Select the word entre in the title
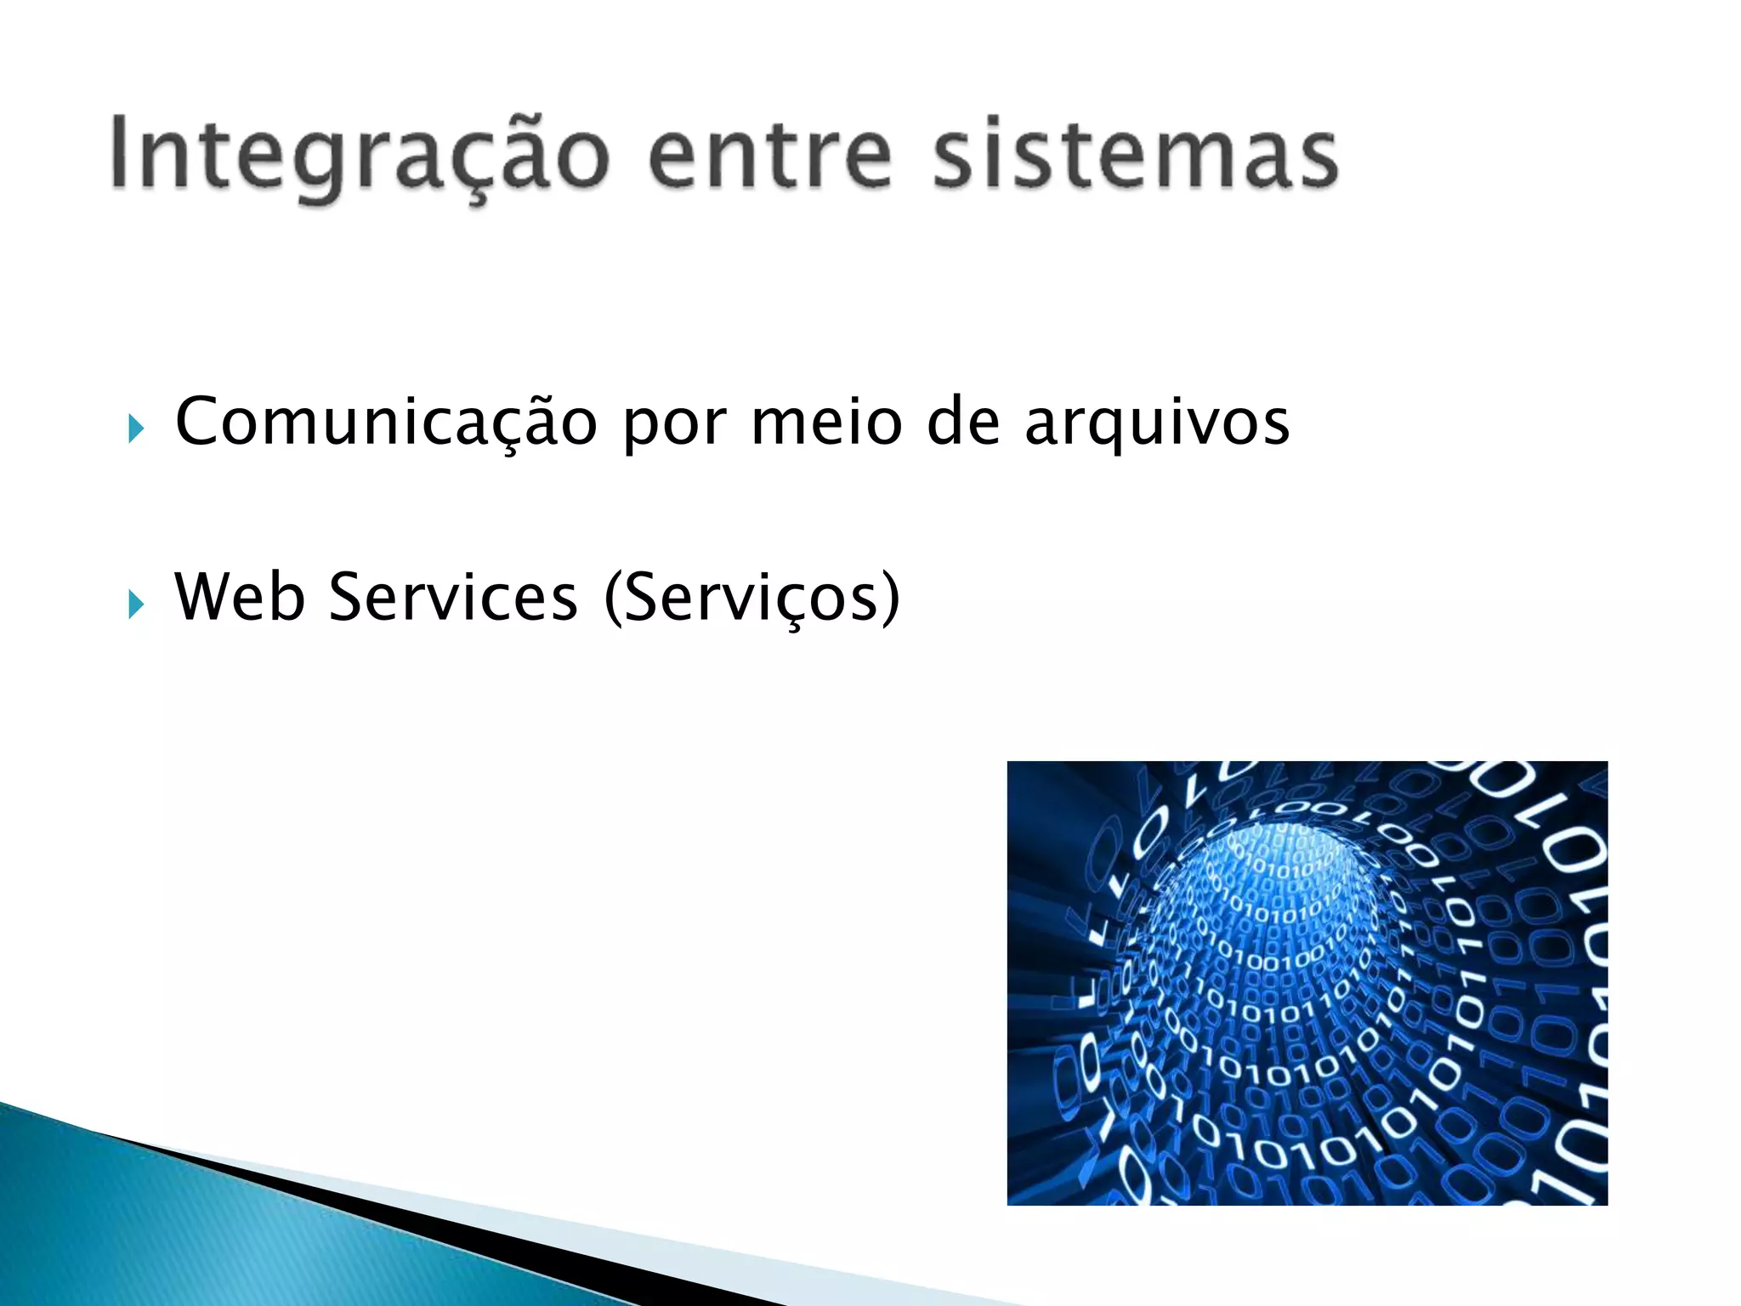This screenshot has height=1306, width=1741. click(770, 156)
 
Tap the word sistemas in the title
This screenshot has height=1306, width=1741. click(1136, 156)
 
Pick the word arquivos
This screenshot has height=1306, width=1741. click(1157, 423)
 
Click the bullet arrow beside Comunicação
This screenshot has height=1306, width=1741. click(136, 429)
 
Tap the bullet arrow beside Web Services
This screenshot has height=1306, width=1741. click(136, 605)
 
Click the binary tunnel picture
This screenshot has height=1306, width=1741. click(1307, 982)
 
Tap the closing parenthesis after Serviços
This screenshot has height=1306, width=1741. click(890, 599)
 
